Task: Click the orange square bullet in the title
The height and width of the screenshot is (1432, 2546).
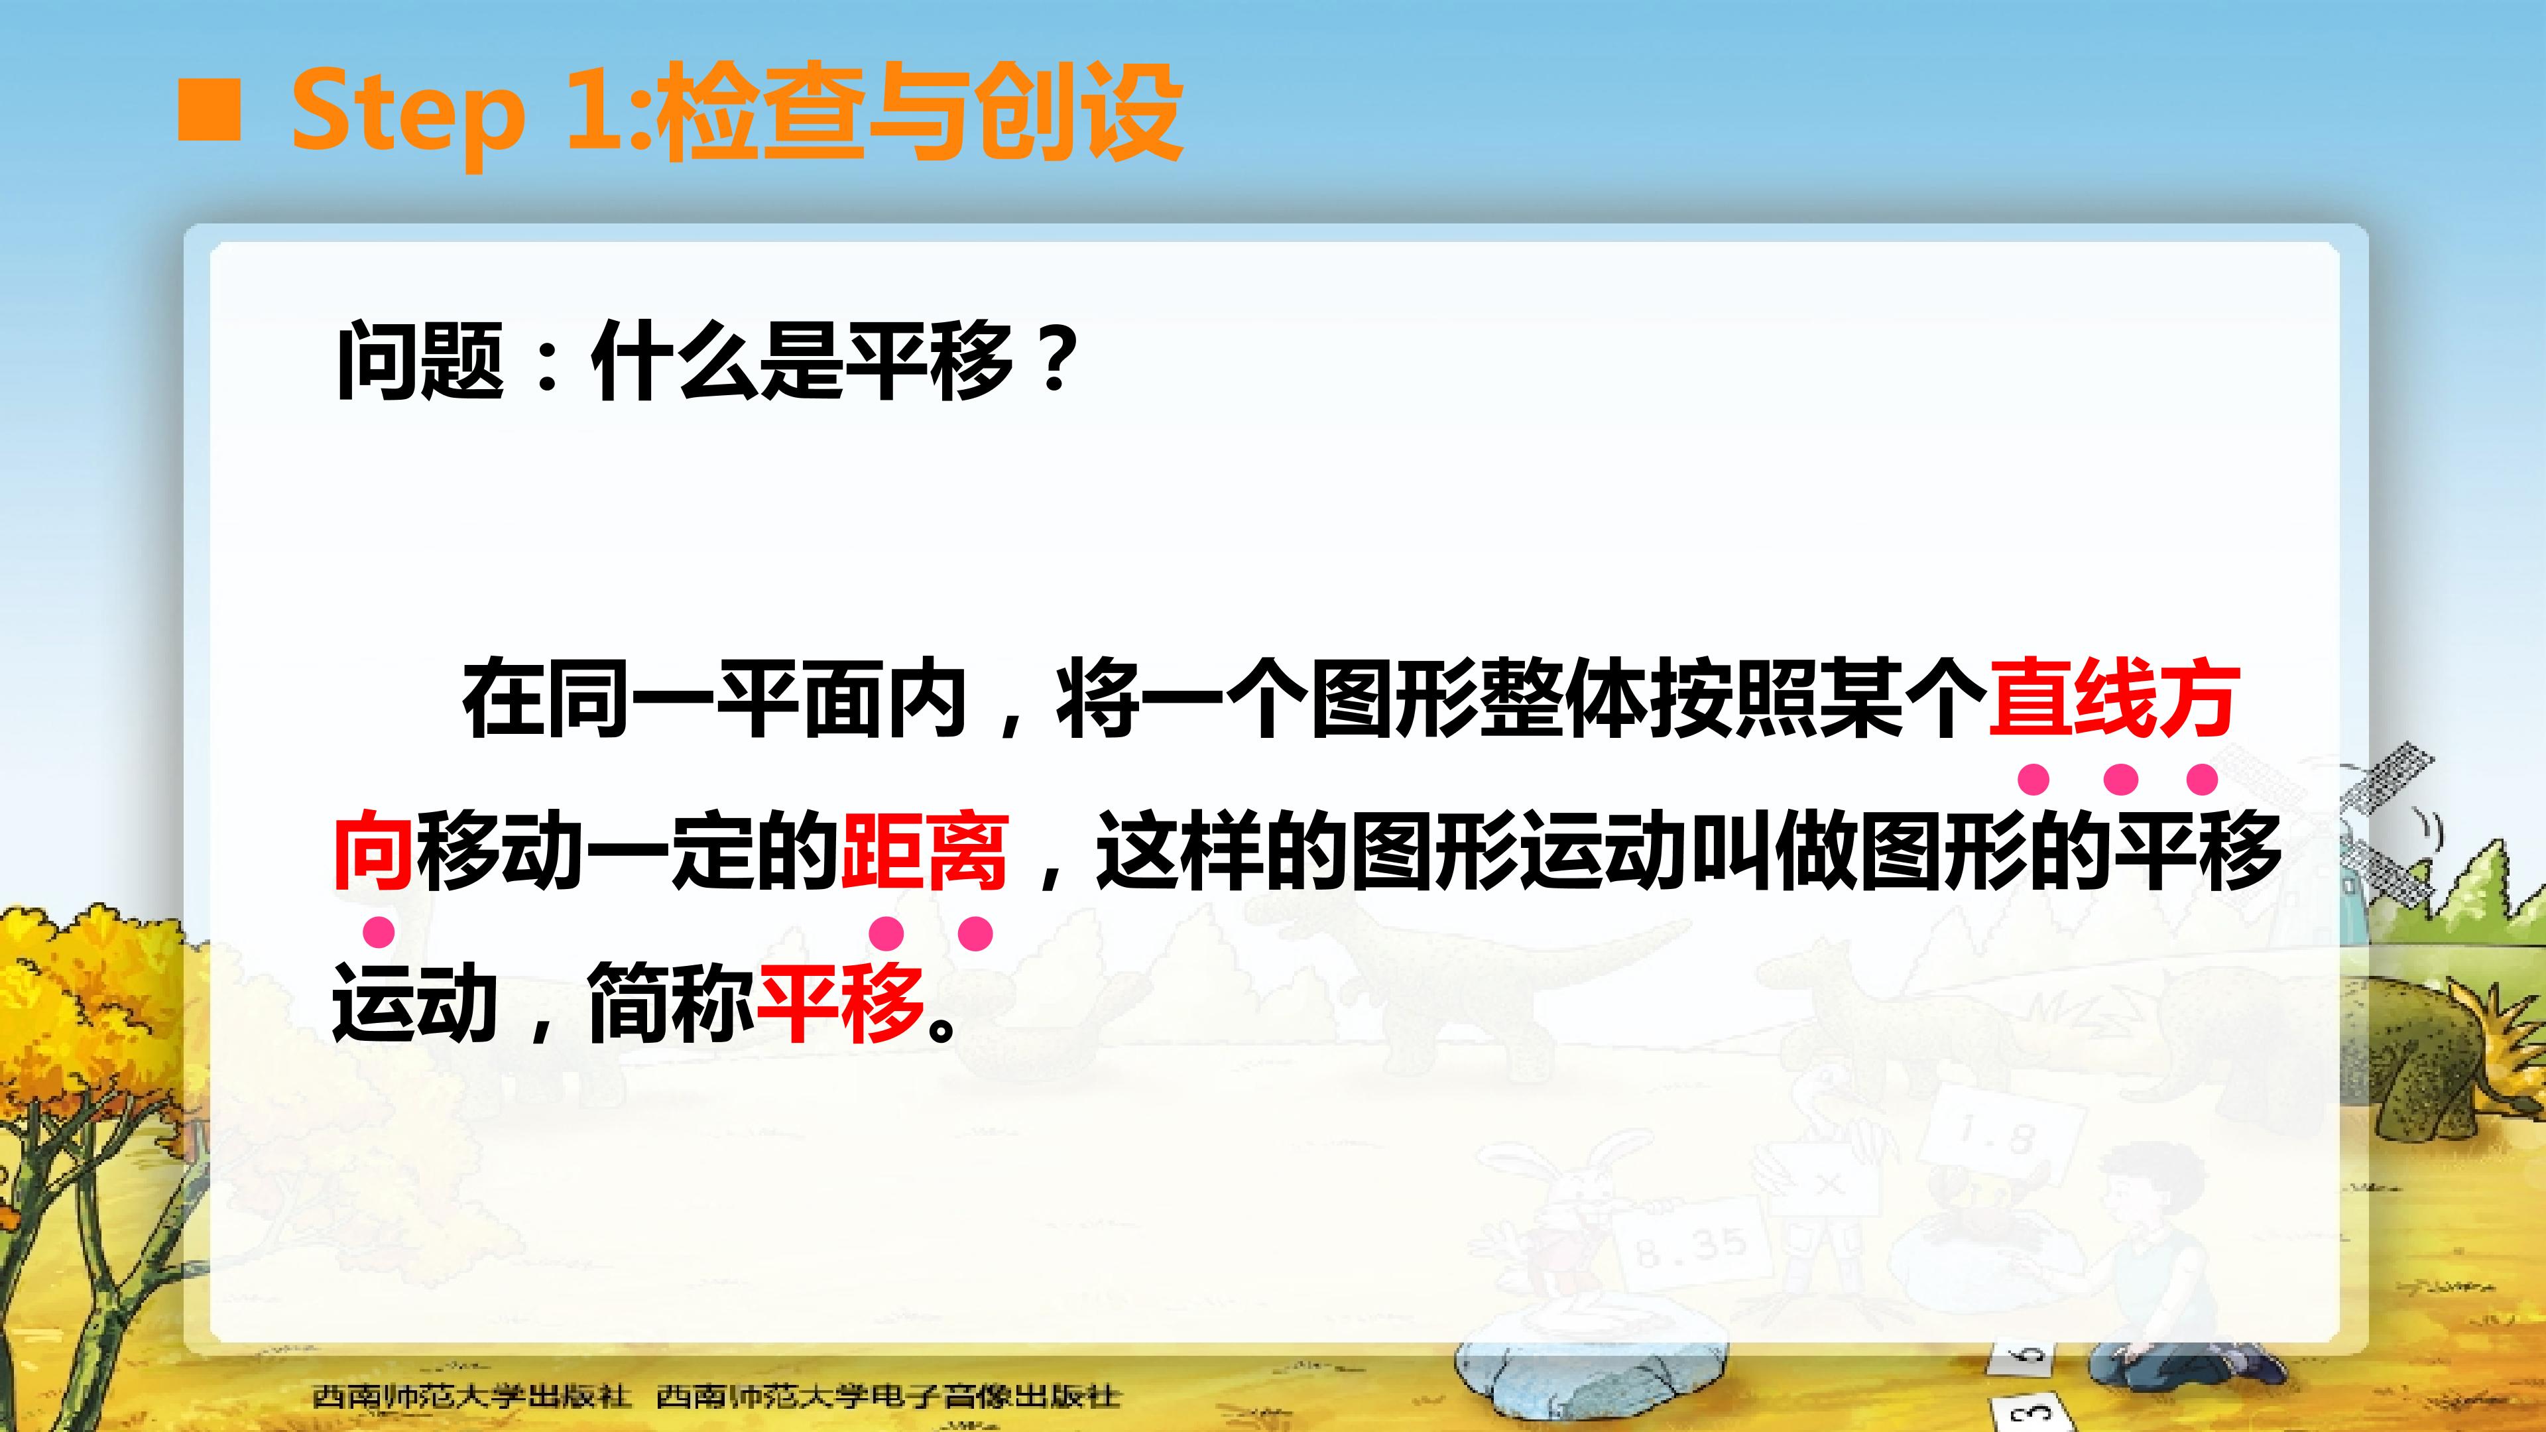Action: coord(209,111)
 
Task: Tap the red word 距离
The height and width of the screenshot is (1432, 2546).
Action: coord(923,852)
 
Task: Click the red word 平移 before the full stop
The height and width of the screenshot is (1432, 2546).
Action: coord(839,1003)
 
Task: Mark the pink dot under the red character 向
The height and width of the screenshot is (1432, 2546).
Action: coord(379,931)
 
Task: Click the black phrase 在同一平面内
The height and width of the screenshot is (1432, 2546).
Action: coord(713,699)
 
